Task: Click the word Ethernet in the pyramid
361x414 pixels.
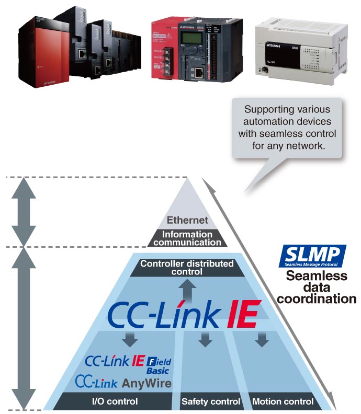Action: tap(187, 221)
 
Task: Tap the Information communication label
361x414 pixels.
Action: tap(187, 238)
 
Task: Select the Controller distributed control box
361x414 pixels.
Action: tap(187, 267)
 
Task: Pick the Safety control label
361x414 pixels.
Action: tap(210, 401)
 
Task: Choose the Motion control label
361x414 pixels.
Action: tap(283, 401)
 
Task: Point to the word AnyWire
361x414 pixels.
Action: tap(146, 383)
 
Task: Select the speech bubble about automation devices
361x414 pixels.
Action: tap(287, 129)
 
